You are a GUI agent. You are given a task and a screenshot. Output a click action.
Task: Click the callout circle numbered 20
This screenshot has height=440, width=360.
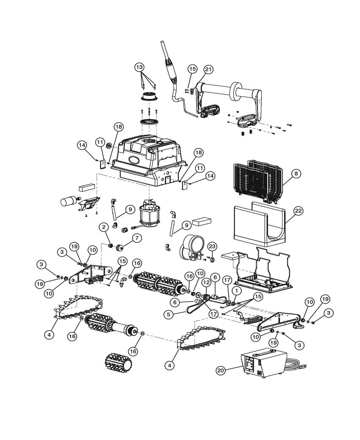pyautogui.click(x=220, y=370)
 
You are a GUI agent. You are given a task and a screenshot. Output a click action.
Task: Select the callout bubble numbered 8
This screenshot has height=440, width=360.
pyautogui.click(x=296, y=174)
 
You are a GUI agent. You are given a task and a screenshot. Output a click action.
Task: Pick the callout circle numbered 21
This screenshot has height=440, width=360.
pyautogui.click(x=208, y=70)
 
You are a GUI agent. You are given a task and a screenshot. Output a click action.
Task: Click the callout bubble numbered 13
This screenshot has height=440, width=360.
pyautogui.click(x=140, y=67)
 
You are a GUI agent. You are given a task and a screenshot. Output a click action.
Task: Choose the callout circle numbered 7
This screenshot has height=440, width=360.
pyautogui.click(x=136, y=238)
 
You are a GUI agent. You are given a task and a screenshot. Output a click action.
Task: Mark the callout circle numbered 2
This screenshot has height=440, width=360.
pyautogui.click(x=104, y=227)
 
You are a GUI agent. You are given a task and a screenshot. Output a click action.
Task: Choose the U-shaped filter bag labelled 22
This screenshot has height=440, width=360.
pyautogui.click(x=259, y=224)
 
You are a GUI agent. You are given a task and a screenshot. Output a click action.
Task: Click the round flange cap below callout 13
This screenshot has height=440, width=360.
pyautogui.click(x=149, y=96)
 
